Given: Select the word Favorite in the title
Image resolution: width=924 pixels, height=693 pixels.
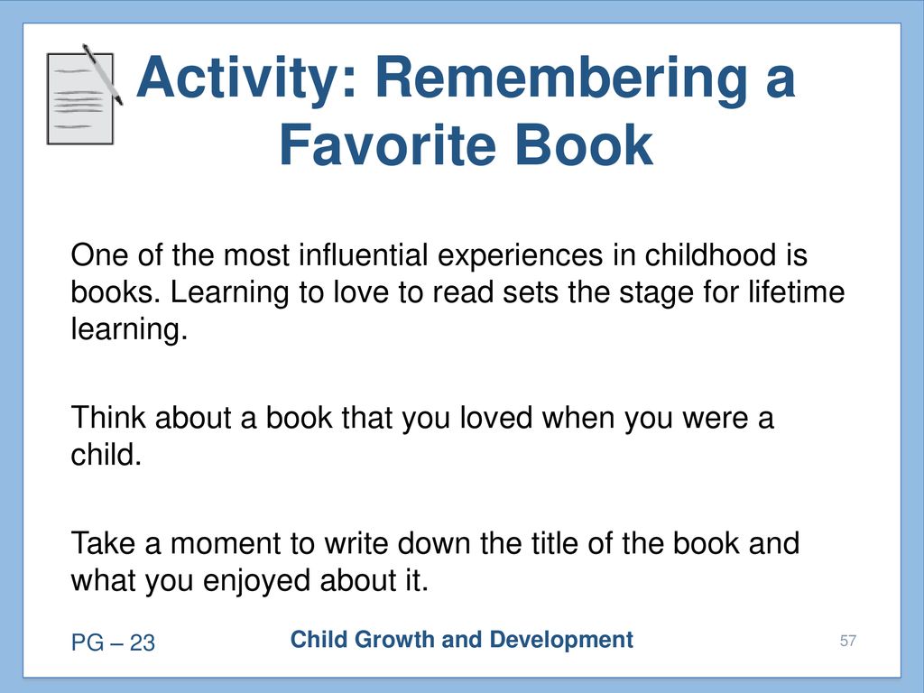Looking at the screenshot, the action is point(386,145).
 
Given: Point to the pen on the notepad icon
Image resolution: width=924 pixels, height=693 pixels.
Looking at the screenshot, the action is point(103,74).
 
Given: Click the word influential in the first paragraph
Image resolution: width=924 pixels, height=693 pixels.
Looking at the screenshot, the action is point(363,255).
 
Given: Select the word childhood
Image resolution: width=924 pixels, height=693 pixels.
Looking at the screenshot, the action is point(710,255).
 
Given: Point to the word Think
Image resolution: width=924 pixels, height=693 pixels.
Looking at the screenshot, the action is point(108,418).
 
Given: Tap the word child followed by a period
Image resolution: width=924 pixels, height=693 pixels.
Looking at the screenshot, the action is point(106,455).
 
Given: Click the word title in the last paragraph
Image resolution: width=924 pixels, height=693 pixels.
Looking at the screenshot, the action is point(555,542).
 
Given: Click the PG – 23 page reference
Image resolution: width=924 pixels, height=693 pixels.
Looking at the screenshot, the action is point(113,642).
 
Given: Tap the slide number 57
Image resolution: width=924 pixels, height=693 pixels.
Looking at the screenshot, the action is point(848,641).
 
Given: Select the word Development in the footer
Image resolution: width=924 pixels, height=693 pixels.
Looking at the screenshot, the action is point(561,641).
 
